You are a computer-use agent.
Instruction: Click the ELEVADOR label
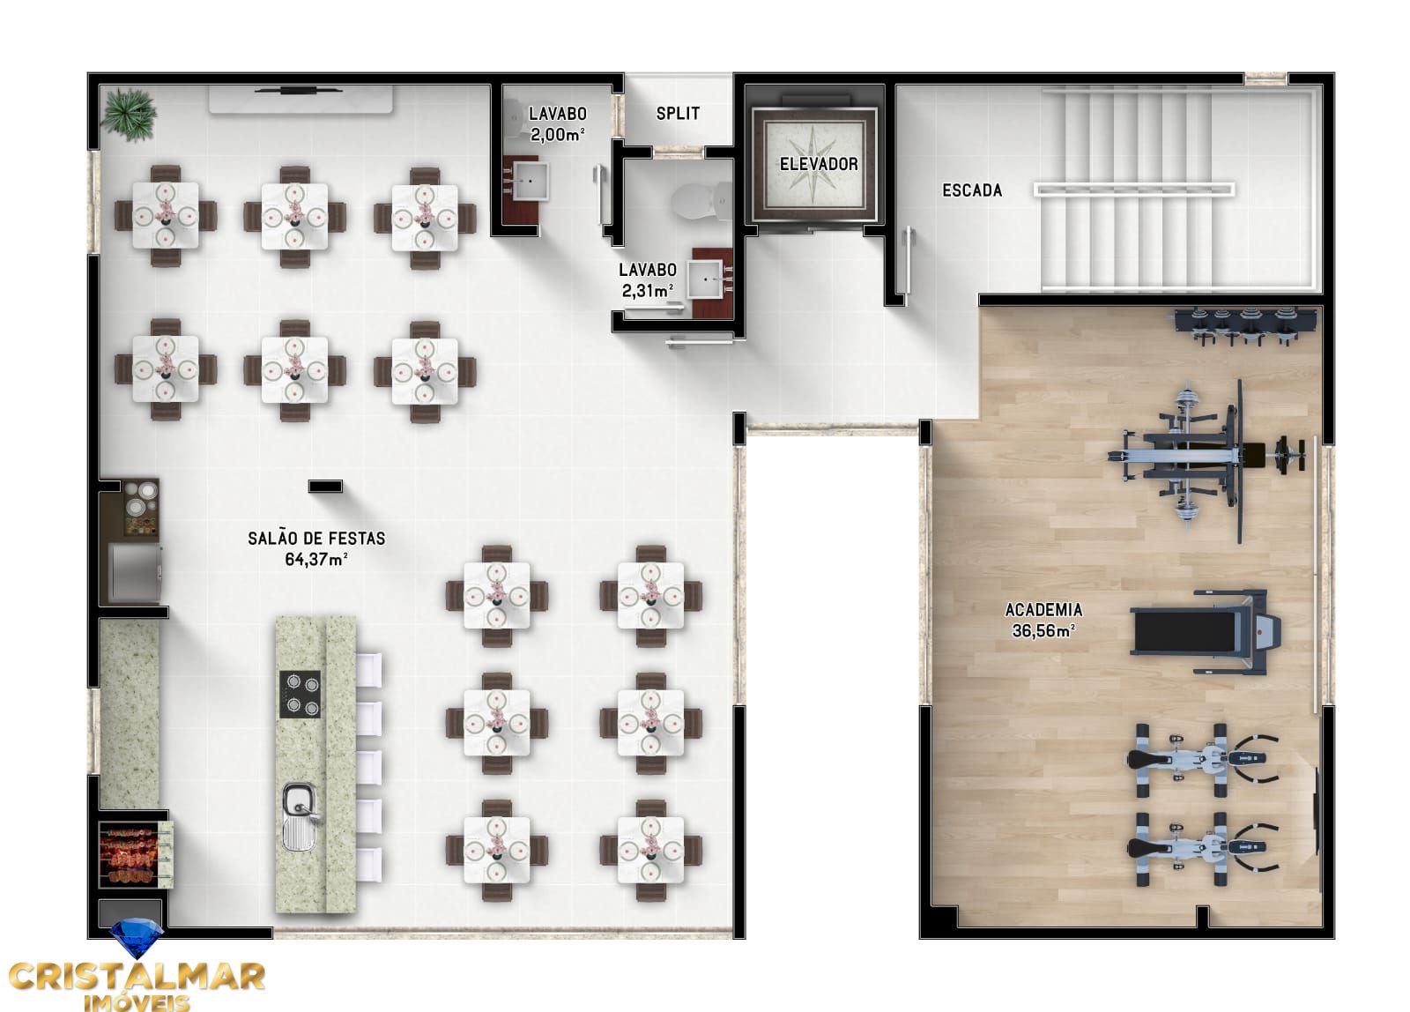tap(819, 164)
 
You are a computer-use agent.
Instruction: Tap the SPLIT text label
tap(678, 113)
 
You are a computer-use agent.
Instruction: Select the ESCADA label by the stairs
tap(972, 190)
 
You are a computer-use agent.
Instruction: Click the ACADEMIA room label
tap(1043, 609)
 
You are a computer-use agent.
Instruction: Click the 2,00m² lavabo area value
tap(558, 135)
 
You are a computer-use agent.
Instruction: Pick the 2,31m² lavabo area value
tap(648, 290)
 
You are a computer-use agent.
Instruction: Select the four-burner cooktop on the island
tap(301, 695)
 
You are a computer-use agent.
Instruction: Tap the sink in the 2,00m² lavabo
tap(531, 179)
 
